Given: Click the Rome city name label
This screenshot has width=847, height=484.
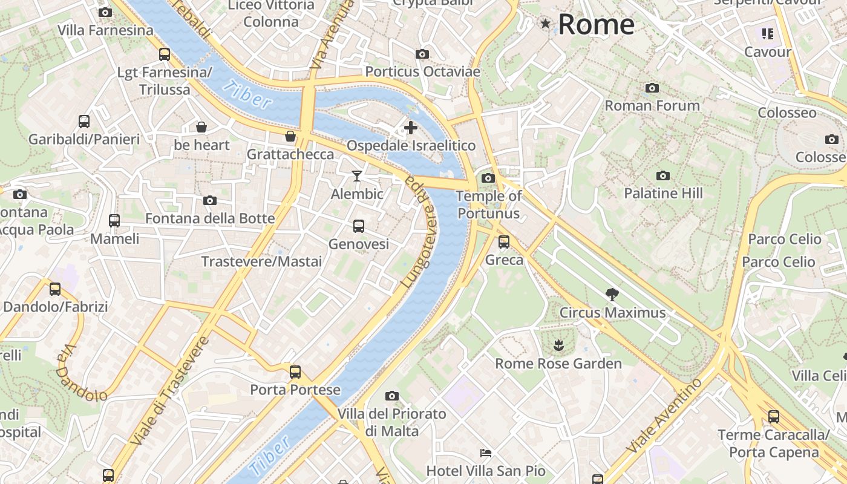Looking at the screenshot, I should (596, 25).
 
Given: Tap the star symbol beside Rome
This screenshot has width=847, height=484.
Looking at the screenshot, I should (546, 24).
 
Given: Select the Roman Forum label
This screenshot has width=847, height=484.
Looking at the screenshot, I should (652, 106).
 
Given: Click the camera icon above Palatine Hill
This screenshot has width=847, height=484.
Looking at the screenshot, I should (663, 175).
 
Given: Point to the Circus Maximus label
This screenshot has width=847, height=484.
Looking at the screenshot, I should (612, 313).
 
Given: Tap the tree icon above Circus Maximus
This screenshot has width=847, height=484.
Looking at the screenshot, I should (612, 295).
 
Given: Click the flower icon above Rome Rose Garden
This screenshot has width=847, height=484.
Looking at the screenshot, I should (558, 345).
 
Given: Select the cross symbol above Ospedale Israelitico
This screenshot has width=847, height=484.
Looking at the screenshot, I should (411, 128).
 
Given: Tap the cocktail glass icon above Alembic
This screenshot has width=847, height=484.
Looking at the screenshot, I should (357, 176).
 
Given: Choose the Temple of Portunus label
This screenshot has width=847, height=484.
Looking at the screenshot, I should (488, 204).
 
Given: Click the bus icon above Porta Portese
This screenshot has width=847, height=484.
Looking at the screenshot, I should (295, 372).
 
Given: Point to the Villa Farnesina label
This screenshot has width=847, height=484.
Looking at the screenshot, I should (105, 30).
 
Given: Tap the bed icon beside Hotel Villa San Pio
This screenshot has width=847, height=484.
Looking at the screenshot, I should (486, 453).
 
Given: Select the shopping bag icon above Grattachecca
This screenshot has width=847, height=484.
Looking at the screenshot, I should (290, 136).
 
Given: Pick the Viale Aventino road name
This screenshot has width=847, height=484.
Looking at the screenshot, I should (664, 414).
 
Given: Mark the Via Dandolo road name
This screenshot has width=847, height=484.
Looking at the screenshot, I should (82, 374).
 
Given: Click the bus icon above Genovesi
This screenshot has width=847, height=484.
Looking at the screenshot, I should (359, 226).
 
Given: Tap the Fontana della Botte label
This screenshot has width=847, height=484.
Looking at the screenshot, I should (210, 218).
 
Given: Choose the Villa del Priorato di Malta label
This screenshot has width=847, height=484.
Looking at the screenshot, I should (392, 422).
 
